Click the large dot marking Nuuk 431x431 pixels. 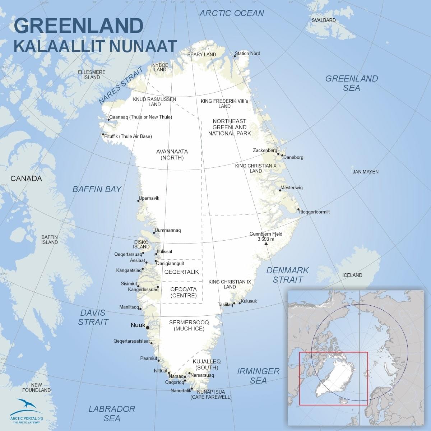[148, 327]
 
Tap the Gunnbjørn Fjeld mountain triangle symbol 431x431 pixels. [266, 244]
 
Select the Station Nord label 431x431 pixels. [247, 54]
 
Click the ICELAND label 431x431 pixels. [352, 275]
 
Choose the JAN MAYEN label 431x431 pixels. [365, 172]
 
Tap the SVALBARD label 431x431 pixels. [324, 20]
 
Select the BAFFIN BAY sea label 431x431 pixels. [97, 189]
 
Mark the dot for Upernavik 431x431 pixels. [139, 201]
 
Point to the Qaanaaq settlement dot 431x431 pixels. [108, 120]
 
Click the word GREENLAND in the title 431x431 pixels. [79, 26]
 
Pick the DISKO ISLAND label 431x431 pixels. [141, 245]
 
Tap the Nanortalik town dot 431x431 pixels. [192, 388]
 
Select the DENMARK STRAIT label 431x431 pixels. [287, 275]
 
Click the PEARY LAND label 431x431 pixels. [201, 55]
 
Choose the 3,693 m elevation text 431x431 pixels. [266, 239]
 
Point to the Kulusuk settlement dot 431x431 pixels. [240, 303]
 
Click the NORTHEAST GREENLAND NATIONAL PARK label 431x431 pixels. [229, 127]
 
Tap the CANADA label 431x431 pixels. [26, 179]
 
